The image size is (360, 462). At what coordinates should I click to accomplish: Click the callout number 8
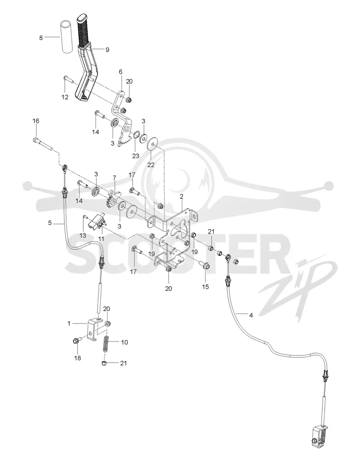40,38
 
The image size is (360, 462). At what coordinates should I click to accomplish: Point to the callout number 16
36,121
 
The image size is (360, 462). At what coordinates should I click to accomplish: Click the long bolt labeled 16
43,144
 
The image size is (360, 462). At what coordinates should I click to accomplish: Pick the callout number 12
65,97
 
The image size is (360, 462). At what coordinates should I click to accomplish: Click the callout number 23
135,156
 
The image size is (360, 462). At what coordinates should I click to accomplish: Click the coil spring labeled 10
106,344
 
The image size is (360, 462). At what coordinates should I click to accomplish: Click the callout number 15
205,287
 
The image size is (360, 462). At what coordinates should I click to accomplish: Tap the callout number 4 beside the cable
251,315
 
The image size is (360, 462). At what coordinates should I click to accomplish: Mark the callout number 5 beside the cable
49,223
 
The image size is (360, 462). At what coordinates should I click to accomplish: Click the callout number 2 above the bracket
182,196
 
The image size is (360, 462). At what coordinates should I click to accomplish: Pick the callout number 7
115,178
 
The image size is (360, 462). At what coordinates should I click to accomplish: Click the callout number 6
120,72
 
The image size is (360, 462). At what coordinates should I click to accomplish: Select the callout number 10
124,342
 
